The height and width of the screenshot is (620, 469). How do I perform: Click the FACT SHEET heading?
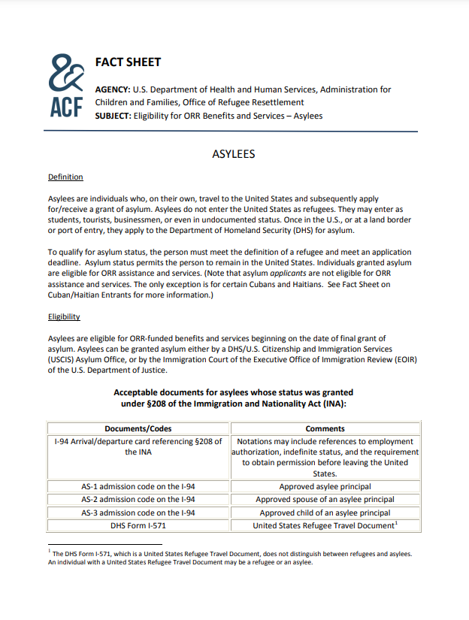[x=128, y=62]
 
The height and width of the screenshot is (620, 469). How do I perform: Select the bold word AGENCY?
[x=113, y=89]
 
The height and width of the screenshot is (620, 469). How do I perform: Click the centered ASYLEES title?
[x=234, y=154]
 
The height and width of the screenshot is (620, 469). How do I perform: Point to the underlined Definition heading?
[x=65, y=177]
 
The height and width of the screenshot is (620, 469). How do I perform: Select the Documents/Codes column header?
[x=138, y=428]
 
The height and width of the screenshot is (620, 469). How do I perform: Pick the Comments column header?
[x=325, y=428]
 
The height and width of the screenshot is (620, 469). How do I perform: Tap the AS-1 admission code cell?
[x=138, y=486]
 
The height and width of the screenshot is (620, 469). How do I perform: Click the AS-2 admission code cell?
[x=138, y=499]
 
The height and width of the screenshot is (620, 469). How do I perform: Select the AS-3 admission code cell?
[x=138, y=513]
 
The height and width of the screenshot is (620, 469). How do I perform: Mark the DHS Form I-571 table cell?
[x=138, y=526]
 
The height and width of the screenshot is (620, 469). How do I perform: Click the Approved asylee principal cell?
[x=325, y=486]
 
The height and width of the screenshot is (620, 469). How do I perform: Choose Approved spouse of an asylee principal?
[x=325, y=499]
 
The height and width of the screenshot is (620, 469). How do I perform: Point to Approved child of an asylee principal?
[x=325, y=513]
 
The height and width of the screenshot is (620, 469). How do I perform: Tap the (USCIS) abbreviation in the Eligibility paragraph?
[x=63, y=359]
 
